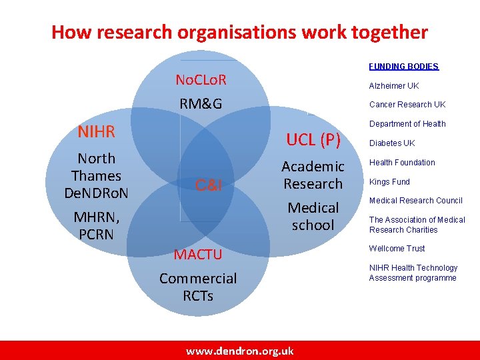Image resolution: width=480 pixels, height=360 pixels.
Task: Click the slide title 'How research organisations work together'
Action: pyautogui.click(x=239, y=31)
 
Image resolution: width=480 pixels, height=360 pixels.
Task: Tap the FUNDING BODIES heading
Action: pyautogui.click(x=404, y=67)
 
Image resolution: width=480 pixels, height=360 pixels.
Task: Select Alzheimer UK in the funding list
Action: pyautogui.click(x=394, y=86)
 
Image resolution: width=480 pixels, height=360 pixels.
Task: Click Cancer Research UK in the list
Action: pyautogui.click(x=407, y=105)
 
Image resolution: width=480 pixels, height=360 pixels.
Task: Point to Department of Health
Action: pyautogui.click(x=407, y=124)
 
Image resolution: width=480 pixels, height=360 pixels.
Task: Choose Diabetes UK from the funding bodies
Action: pyautogui.click(x=392, y=143)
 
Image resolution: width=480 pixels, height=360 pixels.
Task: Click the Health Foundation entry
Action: pyautogui.click(x=402, y=163)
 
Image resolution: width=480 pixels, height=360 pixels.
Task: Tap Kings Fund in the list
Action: pyautogui.click(x=389, y=182)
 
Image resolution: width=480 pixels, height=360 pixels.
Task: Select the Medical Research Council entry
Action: pyautogui.click(x=415, y=201)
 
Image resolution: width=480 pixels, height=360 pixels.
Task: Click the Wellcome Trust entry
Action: pyautogui.click(x=397, y=249)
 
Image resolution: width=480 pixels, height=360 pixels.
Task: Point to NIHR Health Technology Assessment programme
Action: pyautogui.click(x=413, y=273)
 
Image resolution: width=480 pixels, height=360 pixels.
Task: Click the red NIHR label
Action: pyautogui.click(x=97, y=131)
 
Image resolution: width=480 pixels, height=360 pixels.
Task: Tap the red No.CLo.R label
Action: pyautogui.click(x=201, y=81)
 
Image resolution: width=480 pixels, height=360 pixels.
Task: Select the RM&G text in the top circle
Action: pyautogui.click(x=201, y=104)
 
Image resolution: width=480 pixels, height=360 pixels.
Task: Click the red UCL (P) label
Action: pyautogui.click(x=313, y=140)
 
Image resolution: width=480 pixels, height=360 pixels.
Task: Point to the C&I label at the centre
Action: pyautogui.click(x=208, y=185)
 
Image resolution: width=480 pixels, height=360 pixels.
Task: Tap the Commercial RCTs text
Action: pyautogui.click(x=198, y=287)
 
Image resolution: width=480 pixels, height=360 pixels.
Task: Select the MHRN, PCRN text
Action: pyautogui.click(x=97, y=226)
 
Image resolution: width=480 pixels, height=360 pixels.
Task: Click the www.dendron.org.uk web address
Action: pyautogui.click(x=239, y=351)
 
